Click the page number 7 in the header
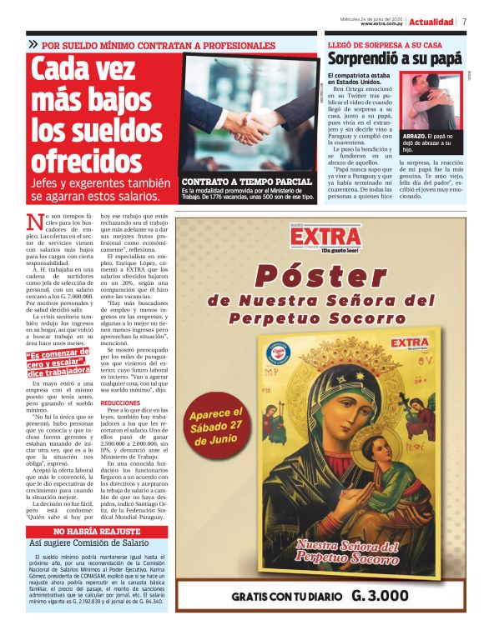464,22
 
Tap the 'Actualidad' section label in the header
431,22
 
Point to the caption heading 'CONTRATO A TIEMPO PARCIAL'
246,181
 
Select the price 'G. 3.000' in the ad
380,596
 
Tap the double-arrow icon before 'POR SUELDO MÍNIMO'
33,43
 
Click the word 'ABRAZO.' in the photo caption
417,135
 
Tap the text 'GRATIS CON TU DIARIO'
287,597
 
